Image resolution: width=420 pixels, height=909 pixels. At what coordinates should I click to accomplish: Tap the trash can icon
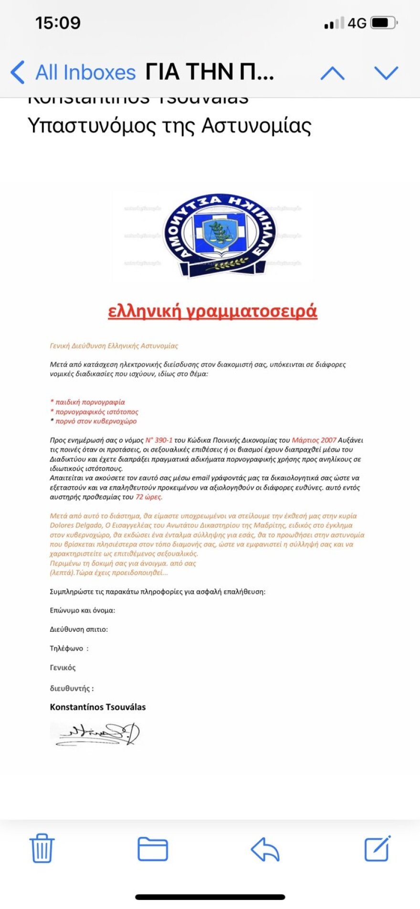pos(42,848)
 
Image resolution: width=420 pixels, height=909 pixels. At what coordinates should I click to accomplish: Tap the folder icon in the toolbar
pos(153,849)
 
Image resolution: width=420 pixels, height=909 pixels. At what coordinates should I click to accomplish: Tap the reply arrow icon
pos(265,849)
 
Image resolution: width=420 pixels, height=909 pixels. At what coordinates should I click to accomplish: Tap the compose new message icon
pos(378,848)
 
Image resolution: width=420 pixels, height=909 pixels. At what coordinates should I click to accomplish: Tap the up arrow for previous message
pos(332,73)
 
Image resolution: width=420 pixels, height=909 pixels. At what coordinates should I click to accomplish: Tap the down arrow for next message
pos(386,73)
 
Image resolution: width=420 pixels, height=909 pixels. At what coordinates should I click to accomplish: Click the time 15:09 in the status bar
pos(58,22)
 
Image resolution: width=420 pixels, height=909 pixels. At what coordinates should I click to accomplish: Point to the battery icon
pos(384,22)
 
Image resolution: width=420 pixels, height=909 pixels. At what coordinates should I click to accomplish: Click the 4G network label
pos(357,23)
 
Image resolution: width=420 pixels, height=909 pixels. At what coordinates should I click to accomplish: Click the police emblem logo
pos(219,235)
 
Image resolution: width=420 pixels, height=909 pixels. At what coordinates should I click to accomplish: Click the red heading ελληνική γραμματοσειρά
pos(212,311)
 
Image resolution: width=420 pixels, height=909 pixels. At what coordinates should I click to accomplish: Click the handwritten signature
pos(95,734)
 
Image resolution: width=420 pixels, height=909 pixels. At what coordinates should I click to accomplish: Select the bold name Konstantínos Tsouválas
pos(98,707)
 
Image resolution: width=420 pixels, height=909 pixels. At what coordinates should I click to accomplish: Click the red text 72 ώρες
pos(149,497)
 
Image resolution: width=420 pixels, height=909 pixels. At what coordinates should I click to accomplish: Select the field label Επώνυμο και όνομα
pos(82,610)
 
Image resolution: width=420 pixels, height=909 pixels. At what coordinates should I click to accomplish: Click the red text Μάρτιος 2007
pos(314,440)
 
